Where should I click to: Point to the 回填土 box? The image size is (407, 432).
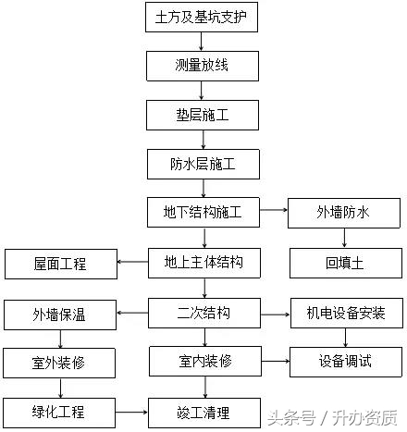(342, 264)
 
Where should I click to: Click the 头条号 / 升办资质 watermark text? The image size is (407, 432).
(333, 417)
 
